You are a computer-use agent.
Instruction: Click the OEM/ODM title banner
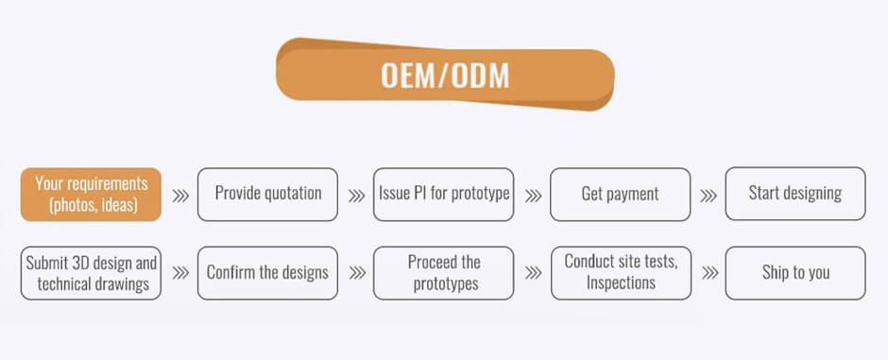click(x=445, y=75)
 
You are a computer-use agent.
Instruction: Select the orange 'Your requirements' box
click(x=92, y=194)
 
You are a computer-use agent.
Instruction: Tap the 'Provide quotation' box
click(x=268, y=194)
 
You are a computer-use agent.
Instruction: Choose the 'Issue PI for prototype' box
click(x=444, y=194)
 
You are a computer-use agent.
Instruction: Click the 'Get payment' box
click(x=620, y=194)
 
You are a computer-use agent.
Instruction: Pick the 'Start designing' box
click(x=795, y=194)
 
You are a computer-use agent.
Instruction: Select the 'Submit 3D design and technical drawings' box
click(x=92, y=273)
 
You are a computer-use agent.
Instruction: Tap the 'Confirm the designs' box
click(x=268, y=273)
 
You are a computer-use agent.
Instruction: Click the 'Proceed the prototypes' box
click(x=444, y=273)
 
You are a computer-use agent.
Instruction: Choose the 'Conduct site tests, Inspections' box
click(x=621, y=273)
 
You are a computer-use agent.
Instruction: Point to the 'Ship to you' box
click(x=795, y=273)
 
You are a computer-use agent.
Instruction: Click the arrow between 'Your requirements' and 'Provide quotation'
click(x=180, y=196)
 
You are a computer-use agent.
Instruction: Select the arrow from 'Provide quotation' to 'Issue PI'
click(x=356, y=196)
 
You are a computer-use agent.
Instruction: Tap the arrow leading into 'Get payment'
click(x=533, y=196)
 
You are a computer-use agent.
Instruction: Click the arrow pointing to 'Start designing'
click(x=709, y=196)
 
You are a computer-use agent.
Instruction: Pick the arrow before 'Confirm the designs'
click(x=180, y=273)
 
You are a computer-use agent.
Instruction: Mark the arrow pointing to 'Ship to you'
click(x=709, y=273)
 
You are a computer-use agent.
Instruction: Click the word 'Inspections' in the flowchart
click(x=621, y=283)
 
